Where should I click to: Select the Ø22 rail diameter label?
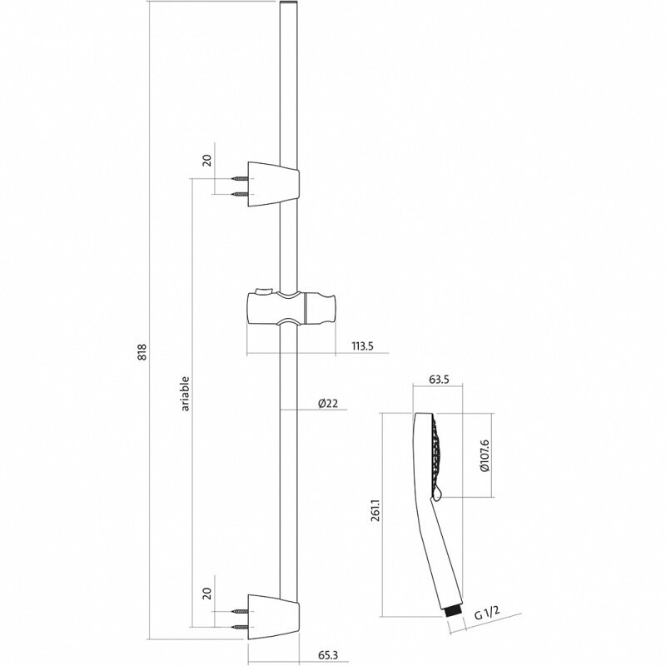327,404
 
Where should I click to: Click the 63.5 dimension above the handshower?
439,381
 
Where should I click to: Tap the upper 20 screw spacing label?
208,160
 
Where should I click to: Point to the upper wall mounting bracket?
275,185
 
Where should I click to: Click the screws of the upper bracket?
240,186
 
